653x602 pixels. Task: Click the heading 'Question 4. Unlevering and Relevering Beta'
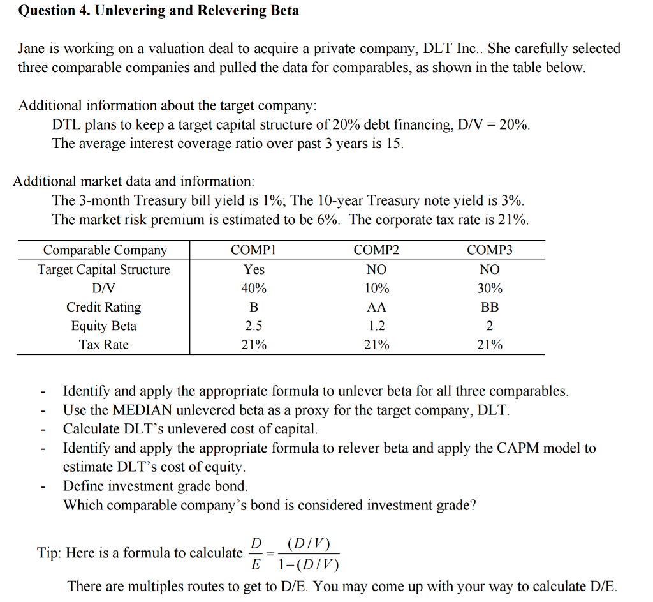(x=158, y=11)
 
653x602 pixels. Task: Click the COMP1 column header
(x=254, y=250)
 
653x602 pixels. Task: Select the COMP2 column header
(x=376, y=250)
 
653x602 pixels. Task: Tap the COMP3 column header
(x=490, y=250)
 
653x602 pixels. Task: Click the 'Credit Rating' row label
(x=104, y=307)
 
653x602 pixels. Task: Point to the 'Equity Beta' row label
(x=104, y=326)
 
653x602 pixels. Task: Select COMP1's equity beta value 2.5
(x=254, y=326)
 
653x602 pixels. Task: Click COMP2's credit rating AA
(x=376, y=307)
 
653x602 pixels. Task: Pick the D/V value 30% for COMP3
(x=490, y=289)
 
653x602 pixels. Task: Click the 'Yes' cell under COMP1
(x=254, y=269)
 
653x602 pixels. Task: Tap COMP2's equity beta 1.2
(x=376, y=326)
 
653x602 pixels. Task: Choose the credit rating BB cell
(x=490, y=307)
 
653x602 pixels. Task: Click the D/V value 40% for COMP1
(x=254, y=289)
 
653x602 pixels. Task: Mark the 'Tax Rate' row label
(x=104, y=345)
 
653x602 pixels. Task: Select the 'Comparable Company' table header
(x=105, y=250)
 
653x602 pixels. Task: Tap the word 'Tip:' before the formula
(x=49, y=553)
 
